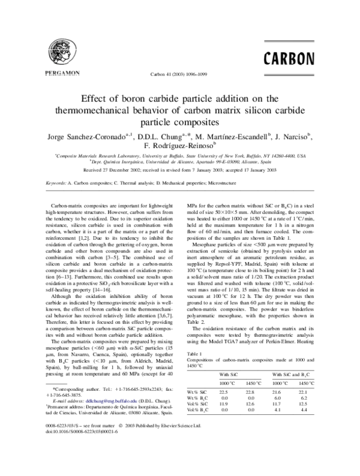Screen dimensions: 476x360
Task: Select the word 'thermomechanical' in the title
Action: [x=89, y=111]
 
